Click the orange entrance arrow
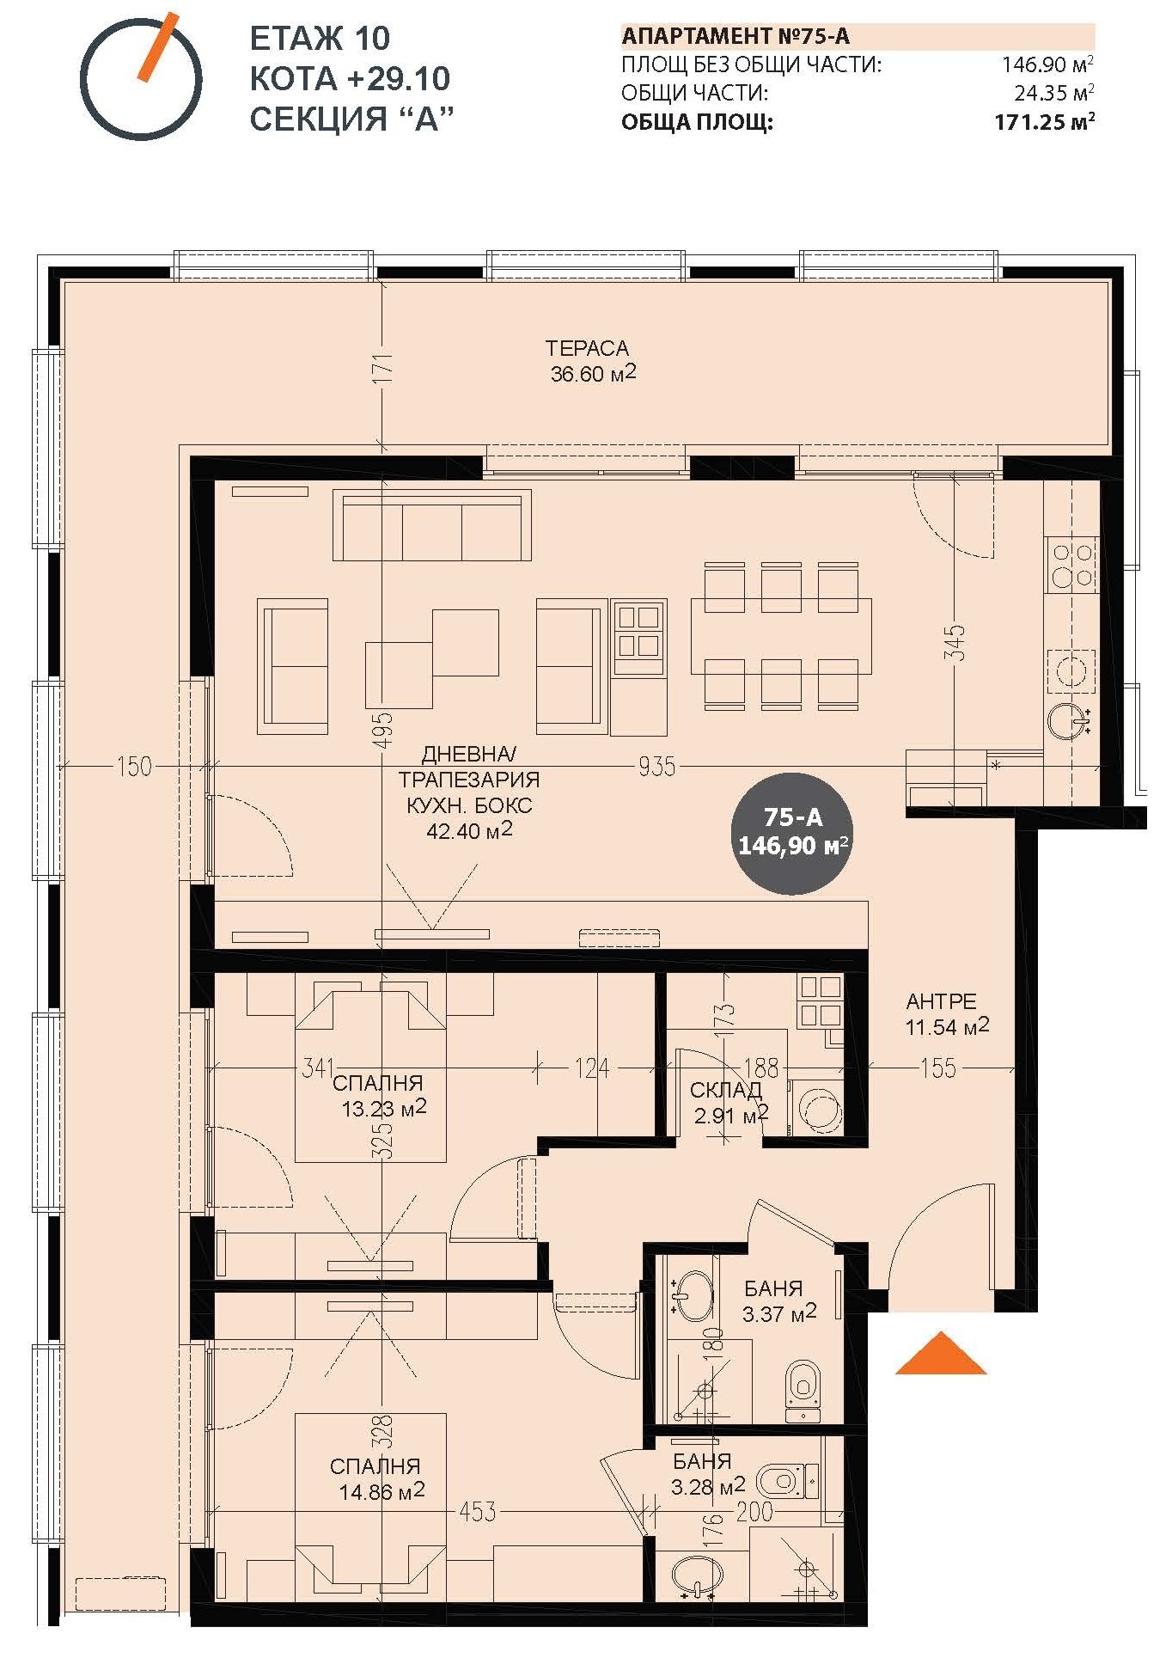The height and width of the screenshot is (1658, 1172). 941,1353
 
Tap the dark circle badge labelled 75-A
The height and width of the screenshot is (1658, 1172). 793,832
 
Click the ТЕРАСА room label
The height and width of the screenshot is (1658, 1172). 588,348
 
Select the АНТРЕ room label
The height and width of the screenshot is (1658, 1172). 942,1001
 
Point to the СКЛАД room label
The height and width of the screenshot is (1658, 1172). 726,1090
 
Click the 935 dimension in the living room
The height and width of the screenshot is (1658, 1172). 656,766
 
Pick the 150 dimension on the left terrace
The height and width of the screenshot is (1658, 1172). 134,766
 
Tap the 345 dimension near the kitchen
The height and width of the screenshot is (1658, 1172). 955,642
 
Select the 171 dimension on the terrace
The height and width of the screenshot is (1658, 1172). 383,367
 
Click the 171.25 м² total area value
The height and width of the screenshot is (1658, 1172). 1044,122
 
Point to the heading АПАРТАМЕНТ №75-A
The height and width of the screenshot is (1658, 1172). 736,36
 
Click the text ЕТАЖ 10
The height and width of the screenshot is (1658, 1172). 320,39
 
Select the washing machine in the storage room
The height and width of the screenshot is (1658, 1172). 817,1108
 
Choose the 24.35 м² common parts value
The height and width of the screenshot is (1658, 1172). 1053,93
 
